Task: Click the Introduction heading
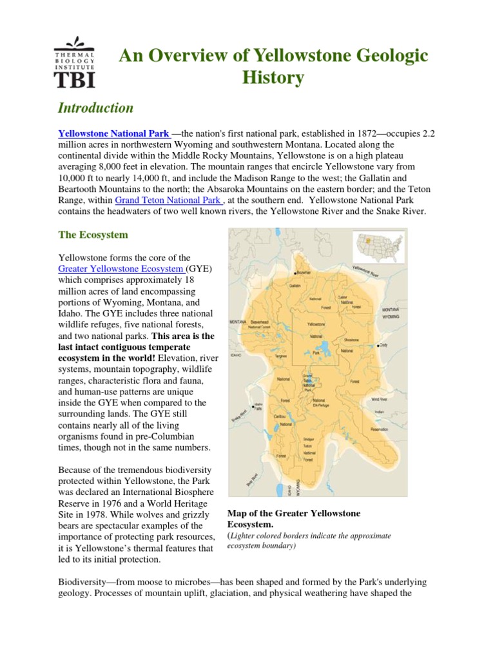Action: click(96, 108)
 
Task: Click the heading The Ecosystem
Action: click(93, 235)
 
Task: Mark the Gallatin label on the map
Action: click(295, 285)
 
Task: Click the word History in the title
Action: click(273, 79)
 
